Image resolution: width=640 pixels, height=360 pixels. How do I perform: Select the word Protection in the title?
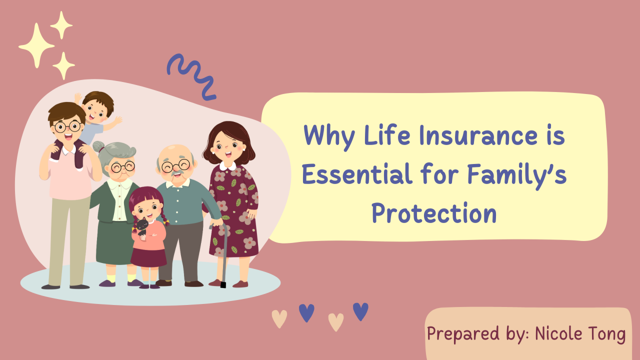tap(433, 213)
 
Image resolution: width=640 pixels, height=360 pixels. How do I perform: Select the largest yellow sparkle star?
tap(36, 45)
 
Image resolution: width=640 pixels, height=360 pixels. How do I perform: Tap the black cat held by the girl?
tap(142, 227)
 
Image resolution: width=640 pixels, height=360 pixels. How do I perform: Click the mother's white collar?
tap(227, 165)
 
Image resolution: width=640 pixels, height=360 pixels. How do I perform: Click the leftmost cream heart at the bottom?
tap(279, 318)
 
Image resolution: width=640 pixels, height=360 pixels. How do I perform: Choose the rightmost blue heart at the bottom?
tap(360, 311)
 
